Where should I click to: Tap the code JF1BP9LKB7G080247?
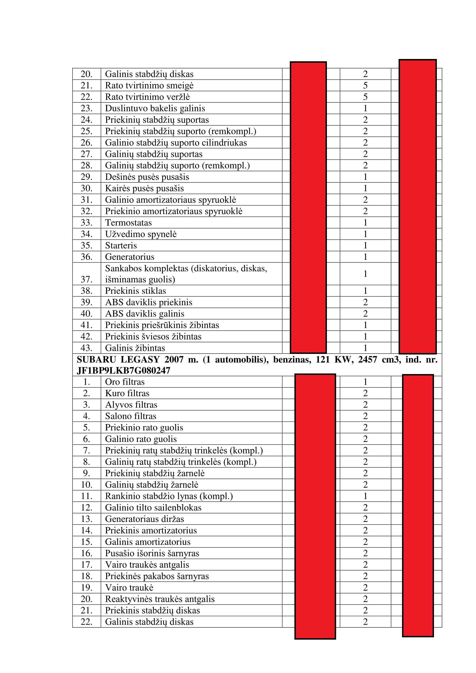click(x=123, y=371)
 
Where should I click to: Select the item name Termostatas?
click(x=128, y=223)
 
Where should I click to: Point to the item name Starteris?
click(x=121, y=246)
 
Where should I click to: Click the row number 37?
click(x=86, y=279)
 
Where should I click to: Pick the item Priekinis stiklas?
click(x=136, y=291)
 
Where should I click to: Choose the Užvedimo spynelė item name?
click(x=141, y=234)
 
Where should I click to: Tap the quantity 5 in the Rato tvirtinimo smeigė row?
click(x=365, y=85)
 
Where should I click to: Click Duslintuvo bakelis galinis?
click(x=155, y=108)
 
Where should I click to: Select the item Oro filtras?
click(x=125, y=382)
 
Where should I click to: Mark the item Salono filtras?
click(x=131, y=416)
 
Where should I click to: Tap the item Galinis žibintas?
click(x=135, y=348)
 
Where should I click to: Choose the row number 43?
click(x=86, y=348)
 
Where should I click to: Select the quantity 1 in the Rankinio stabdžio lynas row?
click(x=365, y=496)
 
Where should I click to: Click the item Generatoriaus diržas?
click(x=144, y=519)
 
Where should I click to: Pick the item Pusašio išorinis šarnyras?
click(x=152, y=553)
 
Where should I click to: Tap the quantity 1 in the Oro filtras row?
click(x=365, y=382)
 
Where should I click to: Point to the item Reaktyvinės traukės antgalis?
click(x=160, y=599)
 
